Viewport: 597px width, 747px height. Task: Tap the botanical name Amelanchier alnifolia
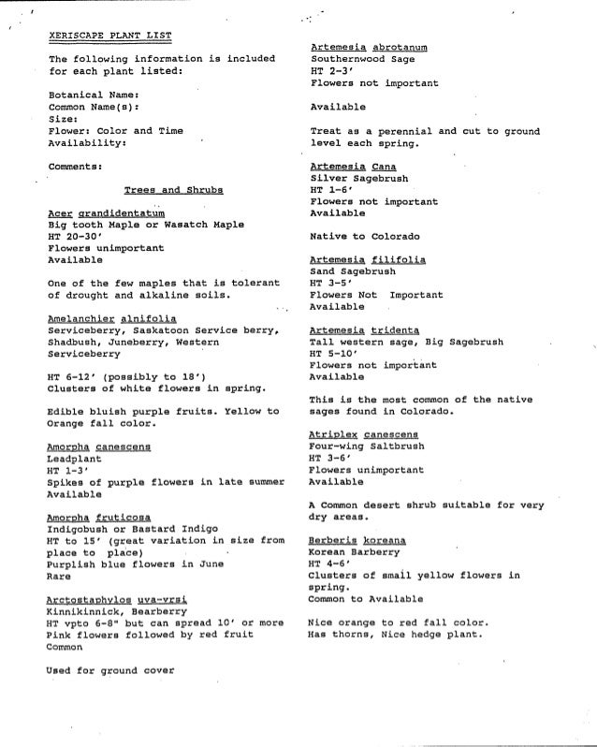tap(120, 318)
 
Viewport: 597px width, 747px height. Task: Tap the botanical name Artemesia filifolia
tap(368, 259)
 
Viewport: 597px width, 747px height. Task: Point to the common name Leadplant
tap(73, 460)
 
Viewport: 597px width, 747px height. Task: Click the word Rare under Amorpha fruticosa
tap(59, 576)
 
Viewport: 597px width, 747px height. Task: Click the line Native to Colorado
tap(365, 236)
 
